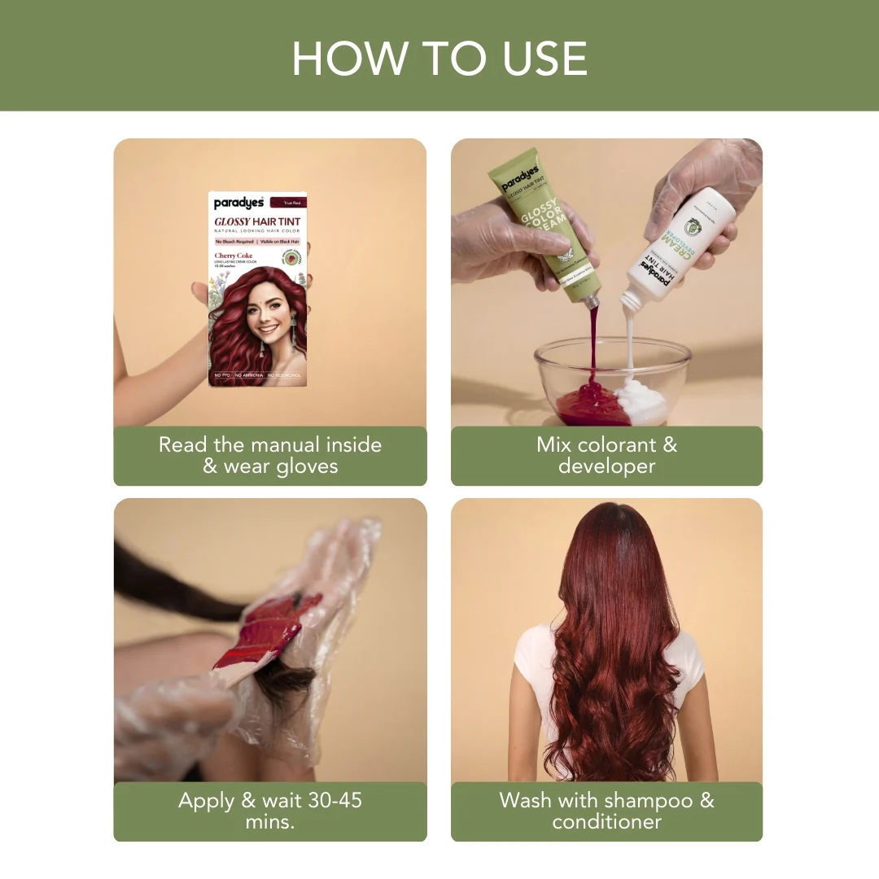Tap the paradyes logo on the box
tap(238, 203)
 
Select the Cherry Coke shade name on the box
tap(234, 256)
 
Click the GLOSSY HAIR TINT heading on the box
tap(260, 221)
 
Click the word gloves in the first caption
tap(304, 466)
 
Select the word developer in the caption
tap(606, 466)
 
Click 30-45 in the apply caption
tap(328, 800)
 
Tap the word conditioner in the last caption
tap(606, 822)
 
